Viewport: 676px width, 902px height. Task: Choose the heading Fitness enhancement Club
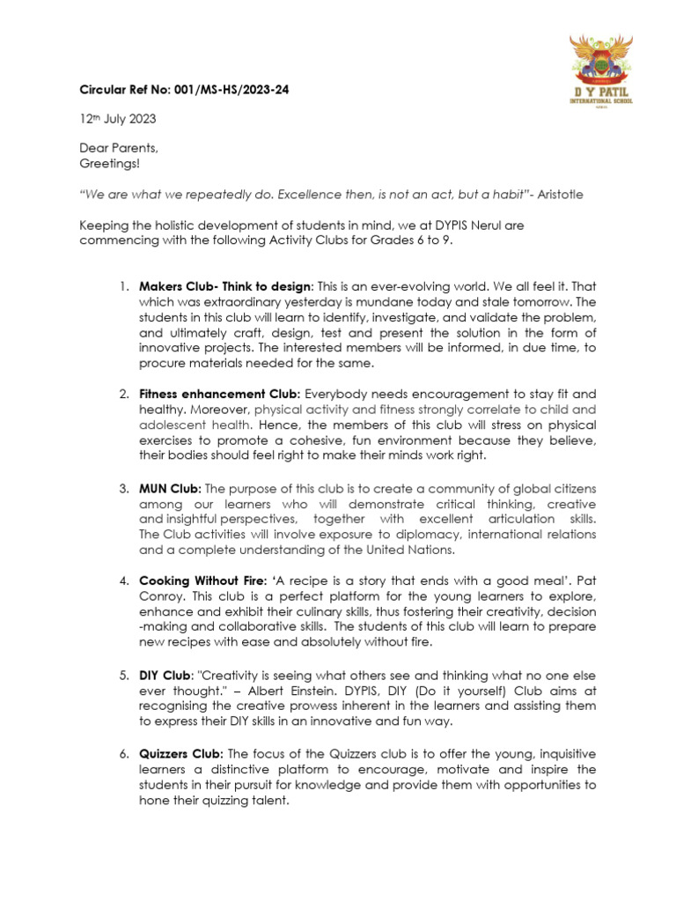219,395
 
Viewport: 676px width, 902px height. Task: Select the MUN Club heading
170,487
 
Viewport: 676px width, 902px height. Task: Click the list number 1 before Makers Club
124,287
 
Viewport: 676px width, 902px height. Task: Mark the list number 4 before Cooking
124,580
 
